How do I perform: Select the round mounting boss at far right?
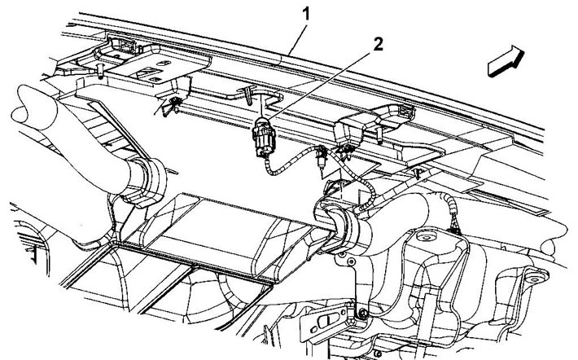[534, 279]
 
